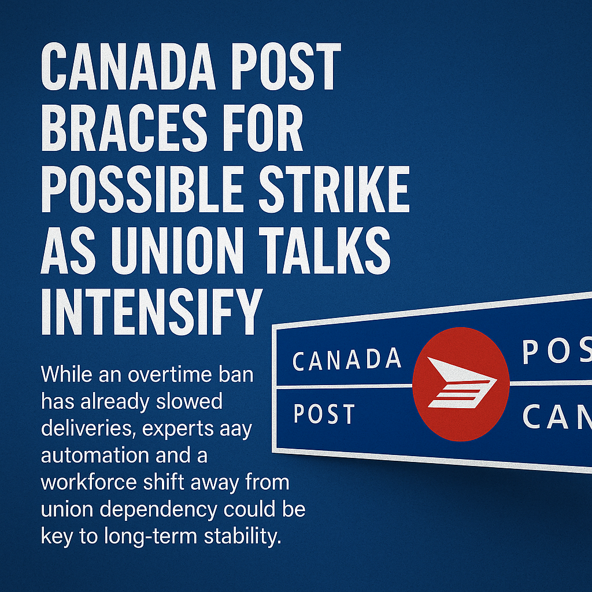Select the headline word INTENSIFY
coord(150,313)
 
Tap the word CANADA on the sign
coord(347,359)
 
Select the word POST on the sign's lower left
coord(324,414)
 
